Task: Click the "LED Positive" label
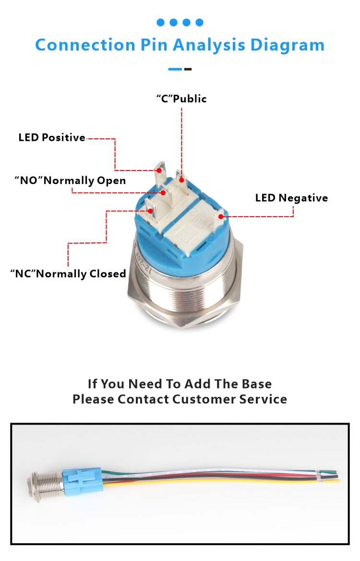tap(52, 138)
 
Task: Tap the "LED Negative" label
tap(291, 198)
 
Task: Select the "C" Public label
tap(181, 99)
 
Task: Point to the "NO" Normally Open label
tap(70, 181)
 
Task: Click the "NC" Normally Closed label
tap(68, 274)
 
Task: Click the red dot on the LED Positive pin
tap(159, 170)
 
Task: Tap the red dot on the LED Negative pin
tap(221, 216)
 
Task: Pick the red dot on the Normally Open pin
tap(163, 193)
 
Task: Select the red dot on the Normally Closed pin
tap(151, 210)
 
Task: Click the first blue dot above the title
tap(160, 22)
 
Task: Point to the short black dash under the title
tap(188, 69)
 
